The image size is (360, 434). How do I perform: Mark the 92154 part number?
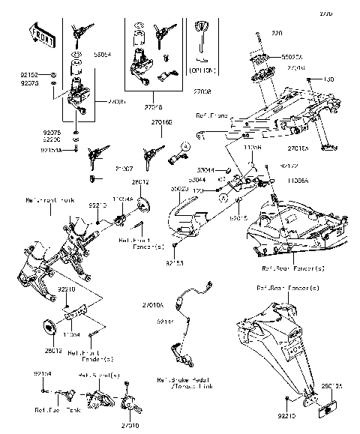click(x=43, y=373)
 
